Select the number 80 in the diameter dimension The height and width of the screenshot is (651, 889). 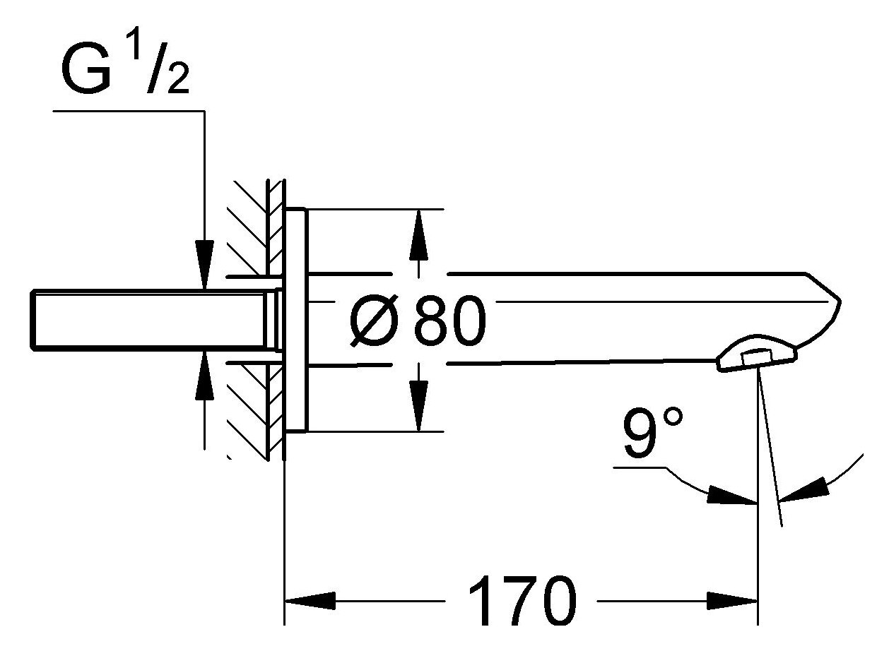(450, 322)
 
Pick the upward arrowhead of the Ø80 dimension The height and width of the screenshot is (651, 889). (419, 233)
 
